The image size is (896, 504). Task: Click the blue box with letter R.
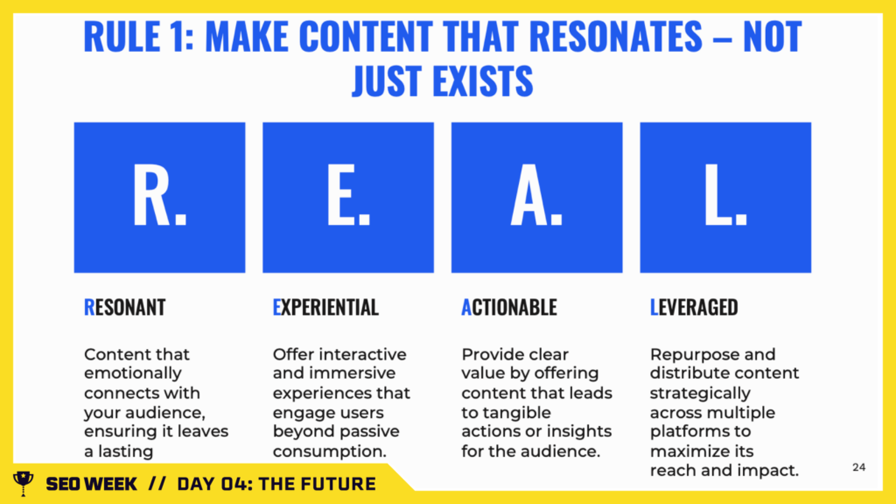tap(159, 197)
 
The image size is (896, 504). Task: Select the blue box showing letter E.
tap(348, 197)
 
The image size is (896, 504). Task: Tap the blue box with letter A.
tap(536, 197)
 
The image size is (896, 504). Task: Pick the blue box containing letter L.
tap(725, 197)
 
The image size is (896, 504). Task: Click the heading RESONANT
tap(124, 307)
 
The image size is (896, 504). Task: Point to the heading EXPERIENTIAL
tap(325, 307)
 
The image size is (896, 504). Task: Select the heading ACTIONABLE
tap(508, 307)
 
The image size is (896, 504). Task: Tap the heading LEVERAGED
tap(694, 307)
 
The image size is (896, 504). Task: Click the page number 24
tap(859, 467)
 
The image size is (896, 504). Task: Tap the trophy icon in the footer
tap(24, 483)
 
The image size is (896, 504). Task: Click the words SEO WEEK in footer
tap(91, 484)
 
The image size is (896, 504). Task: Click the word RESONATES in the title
tap(615, 37)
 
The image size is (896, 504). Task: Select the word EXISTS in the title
tap(483, 80)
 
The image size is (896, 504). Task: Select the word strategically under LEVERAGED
tap(700, 393)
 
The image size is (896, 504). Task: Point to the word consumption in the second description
tap(329, 451)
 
